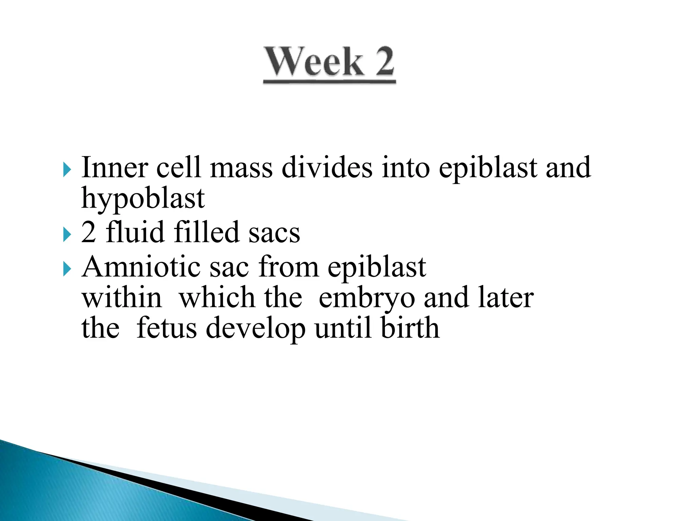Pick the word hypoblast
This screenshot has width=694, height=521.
coord(143,199)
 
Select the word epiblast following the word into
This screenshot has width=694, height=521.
coord(488,168)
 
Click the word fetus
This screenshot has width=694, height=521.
coord(167,328)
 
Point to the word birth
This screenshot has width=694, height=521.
coord(410,328)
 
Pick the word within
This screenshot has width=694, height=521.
coord(122,298)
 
